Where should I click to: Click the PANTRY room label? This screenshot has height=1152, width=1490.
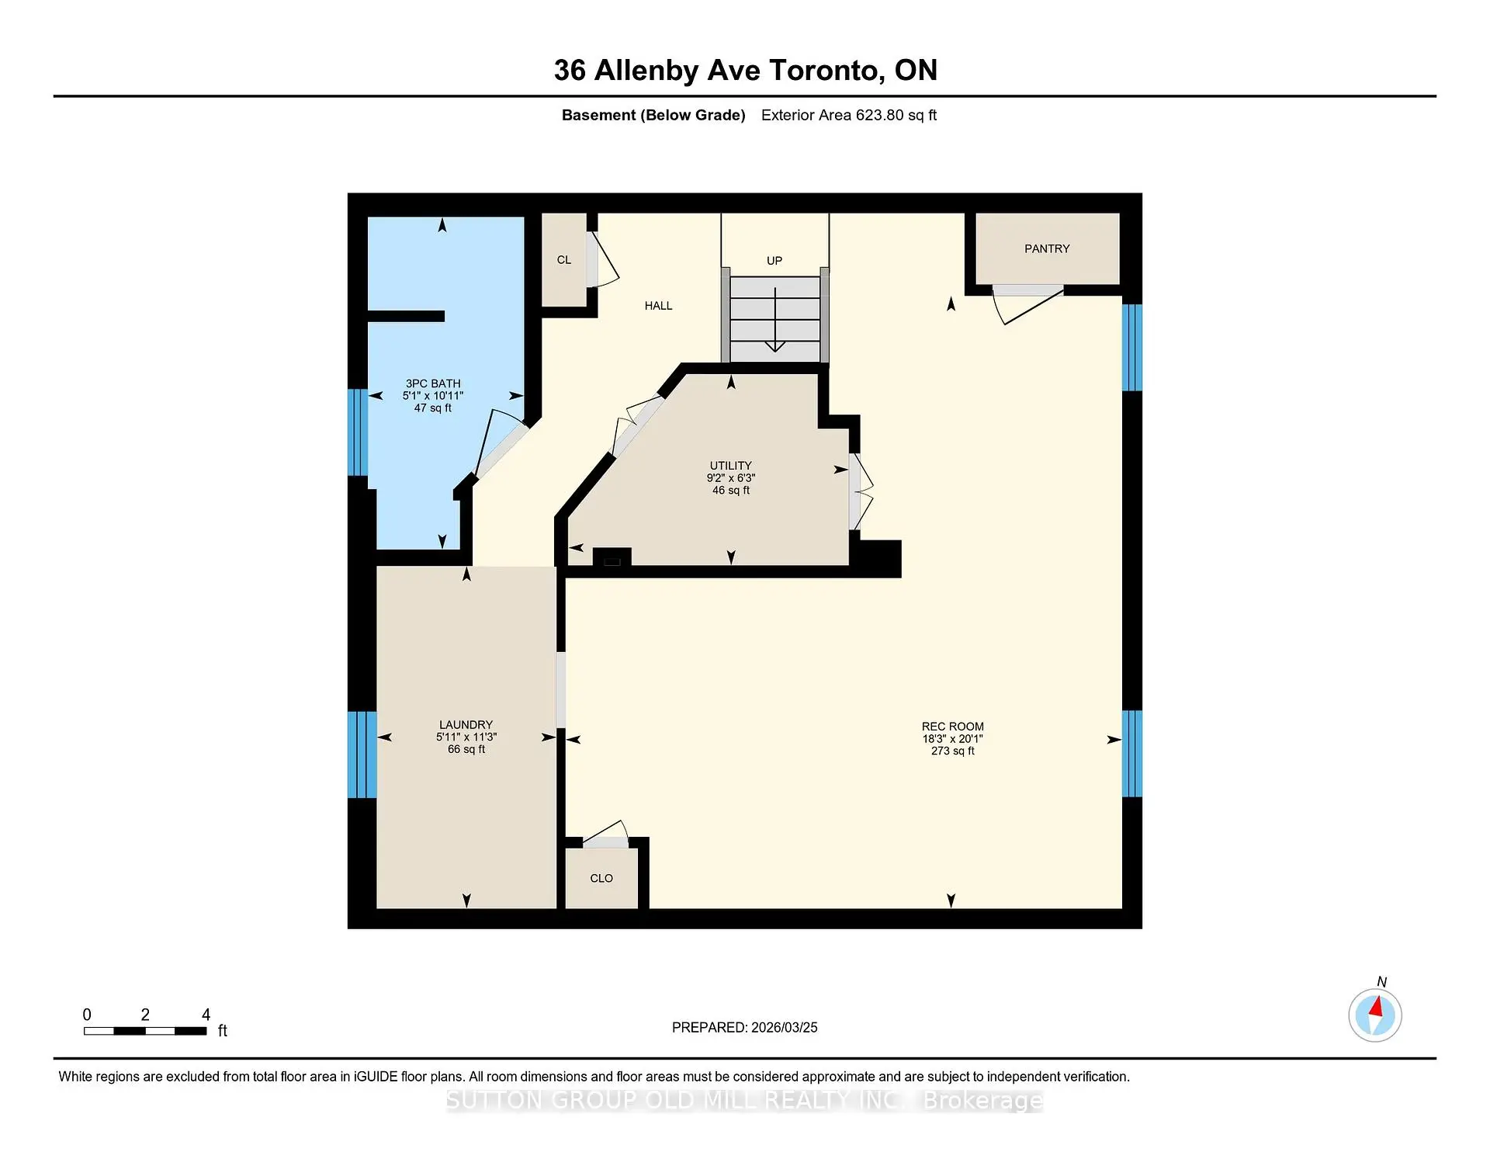coord(1046,248)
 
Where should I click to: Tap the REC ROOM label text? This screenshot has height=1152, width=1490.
coord(952,727)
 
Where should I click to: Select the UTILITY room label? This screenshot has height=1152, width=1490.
coord(730,466)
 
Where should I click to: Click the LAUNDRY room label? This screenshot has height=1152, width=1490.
coord(466,724)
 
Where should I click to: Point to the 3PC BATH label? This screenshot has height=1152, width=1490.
coord(433,383)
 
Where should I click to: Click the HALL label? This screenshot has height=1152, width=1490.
coord(658,306)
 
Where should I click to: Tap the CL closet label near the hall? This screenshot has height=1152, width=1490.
coord(564,260)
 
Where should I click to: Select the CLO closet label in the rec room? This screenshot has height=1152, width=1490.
coord(601,878)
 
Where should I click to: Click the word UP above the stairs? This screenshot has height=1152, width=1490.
coord(774,261)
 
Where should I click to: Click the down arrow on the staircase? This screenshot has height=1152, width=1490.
coord(775,344)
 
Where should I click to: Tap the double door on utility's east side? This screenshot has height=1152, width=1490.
coord(861,491)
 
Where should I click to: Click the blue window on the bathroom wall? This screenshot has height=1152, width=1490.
coord(357,432)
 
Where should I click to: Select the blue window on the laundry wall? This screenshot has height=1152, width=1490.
coord(362,755)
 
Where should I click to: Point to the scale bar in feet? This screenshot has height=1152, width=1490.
coord(145,1031)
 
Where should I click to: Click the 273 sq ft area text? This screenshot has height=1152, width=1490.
coord(952,751)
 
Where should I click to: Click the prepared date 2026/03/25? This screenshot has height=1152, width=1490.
coord(784,1027)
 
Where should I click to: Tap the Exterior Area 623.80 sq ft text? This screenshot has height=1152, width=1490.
coord(848,115)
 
